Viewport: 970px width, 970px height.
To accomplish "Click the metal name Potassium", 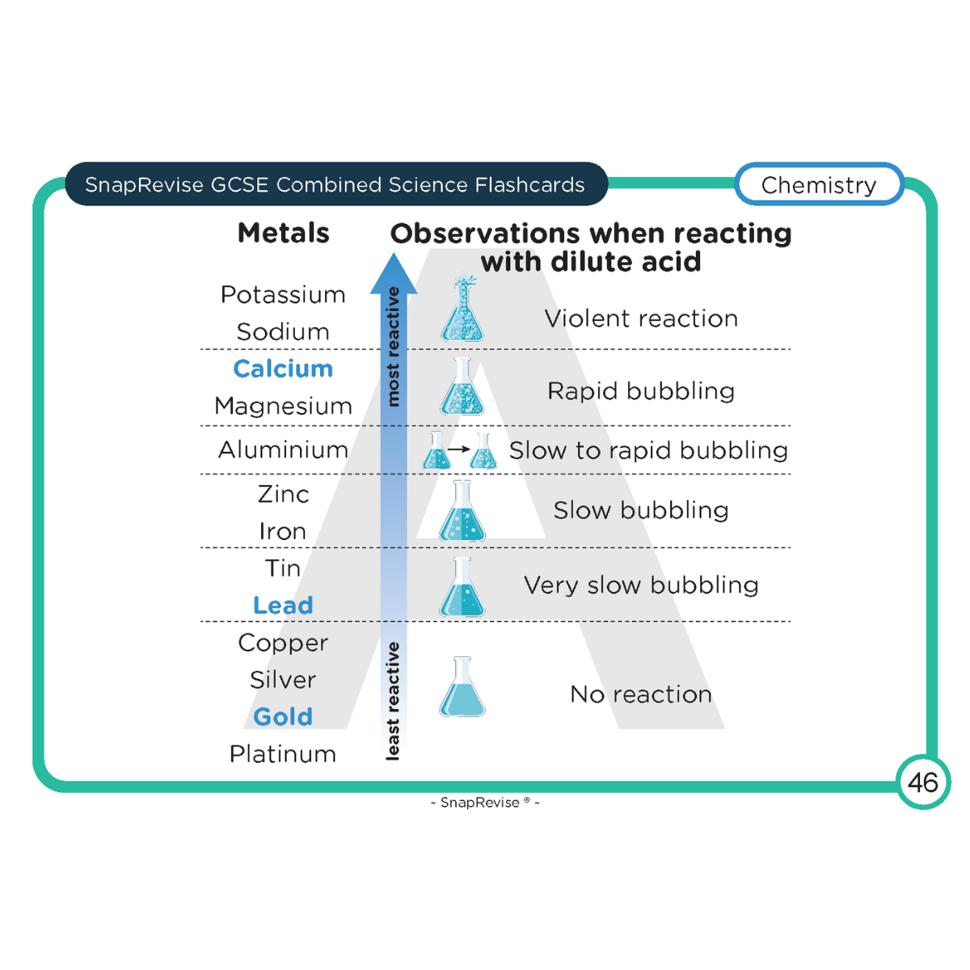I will (283, 295).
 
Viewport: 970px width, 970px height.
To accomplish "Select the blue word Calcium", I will (283, 369).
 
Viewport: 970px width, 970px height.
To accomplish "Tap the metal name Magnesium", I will (283, 406).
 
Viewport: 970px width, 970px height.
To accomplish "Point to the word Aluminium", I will (283, 449).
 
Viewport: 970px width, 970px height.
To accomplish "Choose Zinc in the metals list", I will (283, 494).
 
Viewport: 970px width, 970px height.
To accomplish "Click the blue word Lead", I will (283, 605).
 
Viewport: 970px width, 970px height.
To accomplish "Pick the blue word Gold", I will (283, 717).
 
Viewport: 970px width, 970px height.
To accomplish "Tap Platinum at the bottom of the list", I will (283, 754).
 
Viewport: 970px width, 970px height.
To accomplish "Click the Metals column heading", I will (283, 234).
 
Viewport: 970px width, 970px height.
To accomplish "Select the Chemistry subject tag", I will (819, 185).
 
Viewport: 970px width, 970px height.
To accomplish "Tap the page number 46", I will (922, 782).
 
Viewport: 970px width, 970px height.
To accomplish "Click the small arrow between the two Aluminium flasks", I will (459, 449).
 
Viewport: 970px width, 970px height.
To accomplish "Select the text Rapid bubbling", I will (641, 391).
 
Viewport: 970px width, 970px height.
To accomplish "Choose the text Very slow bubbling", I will (641, 585).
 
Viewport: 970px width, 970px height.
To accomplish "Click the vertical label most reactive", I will (394, 346).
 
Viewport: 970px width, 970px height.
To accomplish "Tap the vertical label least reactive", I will (393, 701).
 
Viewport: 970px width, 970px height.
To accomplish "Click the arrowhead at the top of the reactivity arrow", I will (394, 273).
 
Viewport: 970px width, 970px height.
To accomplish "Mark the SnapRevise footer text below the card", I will (485, 803).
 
